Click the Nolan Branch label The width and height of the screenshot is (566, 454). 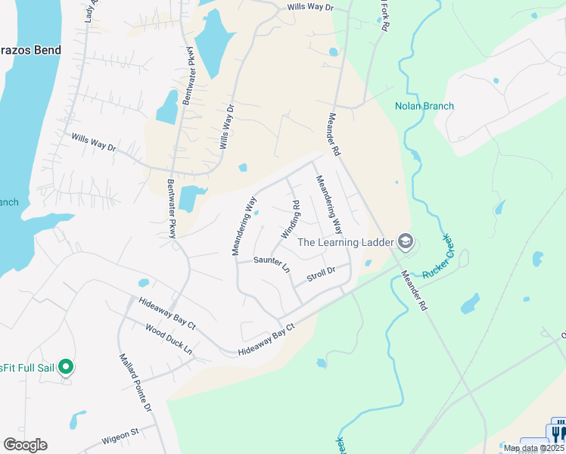(x=424, y=106)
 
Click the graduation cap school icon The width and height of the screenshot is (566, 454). (x=405, y=241)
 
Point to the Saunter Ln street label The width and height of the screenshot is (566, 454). (x=272, y=263)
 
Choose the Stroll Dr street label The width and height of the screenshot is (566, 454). (x=321, y=274)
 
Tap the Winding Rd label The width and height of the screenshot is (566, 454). (x=291, y=219)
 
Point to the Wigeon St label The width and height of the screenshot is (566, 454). (x=120, y=434)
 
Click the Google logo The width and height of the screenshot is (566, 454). (x=25, y=445)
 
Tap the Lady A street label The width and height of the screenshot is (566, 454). (x=91, y=11)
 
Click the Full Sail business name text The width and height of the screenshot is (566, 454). (x=26, y=368)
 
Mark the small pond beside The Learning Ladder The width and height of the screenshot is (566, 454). (x=368, y=263)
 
